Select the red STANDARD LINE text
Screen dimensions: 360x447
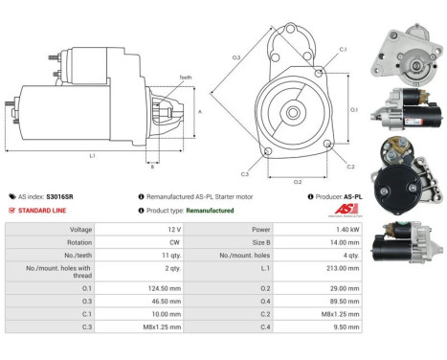46,210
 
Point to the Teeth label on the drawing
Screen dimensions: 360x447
184,77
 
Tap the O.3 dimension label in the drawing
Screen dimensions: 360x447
236,58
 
